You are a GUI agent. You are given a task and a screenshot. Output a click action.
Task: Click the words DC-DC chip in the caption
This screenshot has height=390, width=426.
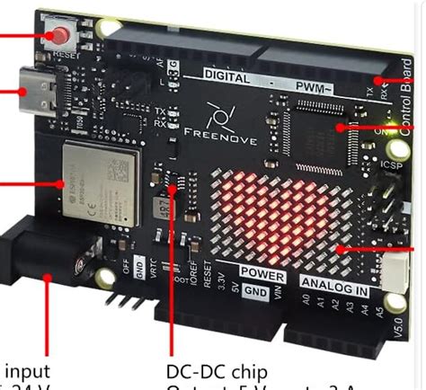tap(219, 370)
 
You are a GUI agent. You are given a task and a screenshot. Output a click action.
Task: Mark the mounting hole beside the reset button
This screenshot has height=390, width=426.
tap(109, 26)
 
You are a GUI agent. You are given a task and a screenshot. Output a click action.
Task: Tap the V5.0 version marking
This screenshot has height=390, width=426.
tap(415, 320)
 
